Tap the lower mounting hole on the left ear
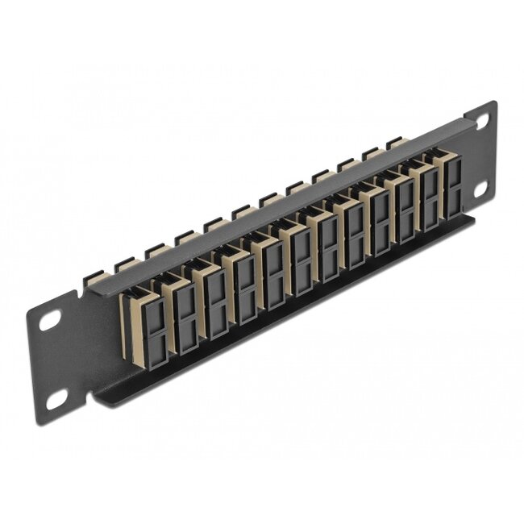(x=56, y=398)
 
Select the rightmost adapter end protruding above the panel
(x=395, y=143)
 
